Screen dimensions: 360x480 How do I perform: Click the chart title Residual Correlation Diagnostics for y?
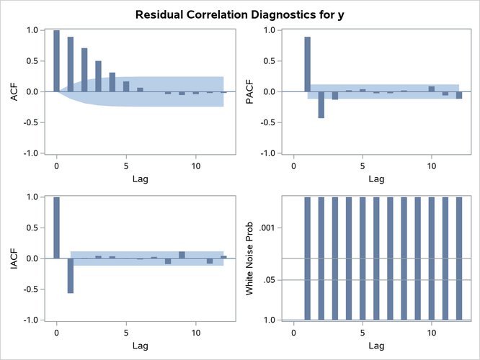239,13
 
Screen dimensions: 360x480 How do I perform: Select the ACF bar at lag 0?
57,61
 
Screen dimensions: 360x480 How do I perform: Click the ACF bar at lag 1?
71,64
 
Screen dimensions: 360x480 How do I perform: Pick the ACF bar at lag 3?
98,76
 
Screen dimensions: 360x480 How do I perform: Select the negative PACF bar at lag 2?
321,104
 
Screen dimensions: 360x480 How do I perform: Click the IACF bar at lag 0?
57,228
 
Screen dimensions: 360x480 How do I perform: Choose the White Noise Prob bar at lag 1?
307,258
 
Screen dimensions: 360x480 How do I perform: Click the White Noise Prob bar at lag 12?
459,258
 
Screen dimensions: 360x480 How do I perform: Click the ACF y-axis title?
12,91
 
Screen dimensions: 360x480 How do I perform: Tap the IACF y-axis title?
12,258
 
